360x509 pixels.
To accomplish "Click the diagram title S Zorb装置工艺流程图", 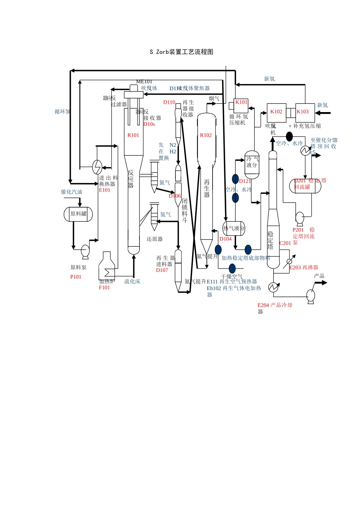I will point(182,52).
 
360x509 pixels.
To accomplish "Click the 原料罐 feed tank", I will point(78,214).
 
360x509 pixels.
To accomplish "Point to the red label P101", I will point(76,277).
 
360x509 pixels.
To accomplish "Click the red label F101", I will point(104,287).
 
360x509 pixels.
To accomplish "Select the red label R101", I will point(133,135).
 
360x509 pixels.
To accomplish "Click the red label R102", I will point(206,135).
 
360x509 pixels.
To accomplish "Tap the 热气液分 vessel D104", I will point(234,228).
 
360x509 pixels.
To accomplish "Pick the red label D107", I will point(162,270).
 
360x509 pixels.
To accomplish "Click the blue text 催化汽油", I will point(72,192).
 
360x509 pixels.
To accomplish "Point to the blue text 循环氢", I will point(63,112).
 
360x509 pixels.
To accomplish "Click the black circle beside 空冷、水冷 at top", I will point(289,137).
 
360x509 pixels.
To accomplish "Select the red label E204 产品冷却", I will point(275,305).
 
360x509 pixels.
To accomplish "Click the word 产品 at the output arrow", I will point(319,276).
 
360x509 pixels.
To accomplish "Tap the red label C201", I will point(285,243).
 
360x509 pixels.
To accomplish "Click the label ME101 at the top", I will point(144,81).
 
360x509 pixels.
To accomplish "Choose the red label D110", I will point(169,102).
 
